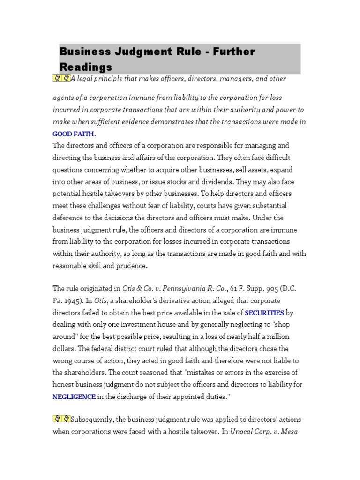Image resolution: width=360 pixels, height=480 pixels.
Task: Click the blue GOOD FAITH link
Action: pos(73,134)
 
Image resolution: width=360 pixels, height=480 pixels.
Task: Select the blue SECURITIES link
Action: pos(264,313)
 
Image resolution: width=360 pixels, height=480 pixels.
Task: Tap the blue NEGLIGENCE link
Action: pos(74,397)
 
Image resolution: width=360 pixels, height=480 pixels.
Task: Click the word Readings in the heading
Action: pos(86,67)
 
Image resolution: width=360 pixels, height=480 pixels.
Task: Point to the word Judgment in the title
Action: pos(154,52)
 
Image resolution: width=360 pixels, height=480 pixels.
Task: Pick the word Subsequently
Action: pos(93,419)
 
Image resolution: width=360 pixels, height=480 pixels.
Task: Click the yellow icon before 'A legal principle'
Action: pos(61,78)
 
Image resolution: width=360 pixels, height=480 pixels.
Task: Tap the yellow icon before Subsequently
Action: pos(61,419)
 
